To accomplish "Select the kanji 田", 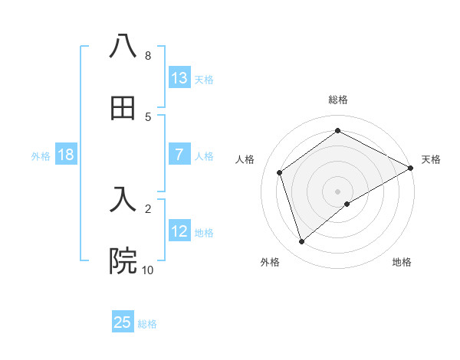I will coord(123,108).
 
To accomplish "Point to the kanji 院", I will coord(123,261).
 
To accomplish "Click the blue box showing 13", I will coord(179,77).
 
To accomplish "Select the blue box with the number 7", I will coord(179,155).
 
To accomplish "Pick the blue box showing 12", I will coord(179,231).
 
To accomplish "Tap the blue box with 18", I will coord(66,155).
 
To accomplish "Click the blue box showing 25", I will coord(123,322).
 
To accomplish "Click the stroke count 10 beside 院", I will coord(147,270).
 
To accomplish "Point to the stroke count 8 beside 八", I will coord(147,56).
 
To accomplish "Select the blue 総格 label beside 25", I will coord(147,324).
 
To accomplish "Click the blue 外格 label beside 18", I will coord(41,156).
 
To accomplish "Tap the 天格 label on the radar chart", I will coord(431,159).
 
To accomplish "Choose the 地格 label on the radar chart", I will coord(402,262).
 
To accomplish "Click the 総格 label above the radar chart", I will coord(338,100).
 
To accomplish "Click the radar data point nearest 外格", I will coord(302,242).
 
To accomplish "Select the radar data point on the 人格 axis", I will coord(280,172).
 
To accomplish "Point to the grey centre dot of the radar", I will coord(338,191).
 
